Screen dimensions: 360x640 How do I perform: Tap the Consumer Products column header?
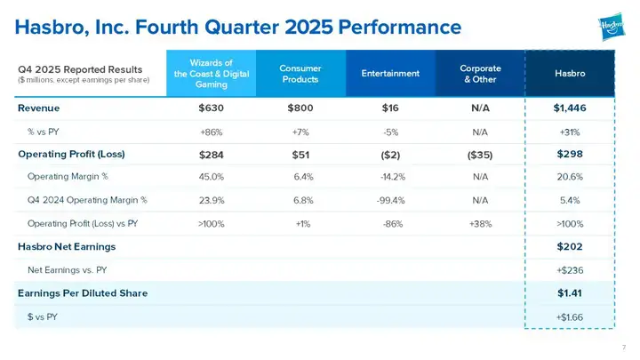pos(300,73)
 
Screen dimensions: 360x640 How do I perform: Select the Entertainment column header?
pos(390,73)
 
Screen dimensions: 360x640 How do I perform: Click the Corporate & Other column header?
pos(480,73)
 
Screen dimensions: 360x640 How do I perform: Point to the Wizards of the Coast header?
pos(211,73)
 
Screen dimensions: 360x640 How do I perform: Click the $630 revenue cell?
pos(212,108)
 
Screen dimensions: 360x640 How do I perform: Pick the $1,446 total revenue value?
pos(570,108)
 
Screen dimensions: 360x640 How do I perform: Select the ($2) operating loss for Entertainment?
pos(391,154)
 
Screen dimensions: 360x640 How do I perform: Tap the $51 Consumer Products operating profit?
pos(300,154)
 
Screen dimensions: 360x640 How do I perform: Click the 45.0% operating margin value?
pos(212,176)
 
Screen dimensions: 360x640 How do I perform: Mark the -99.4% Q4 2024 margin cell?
pos(391,200)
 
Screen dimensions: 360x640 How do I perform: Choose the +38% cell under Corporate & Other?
pos(481,223)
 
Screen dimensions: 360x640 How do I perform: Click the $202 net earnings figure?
pos(570,246)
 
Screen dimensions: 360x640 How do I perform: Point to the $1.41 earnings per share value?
pos(570,292)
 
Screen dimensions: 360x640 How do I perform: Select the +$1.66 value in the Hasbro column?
pos(570,316)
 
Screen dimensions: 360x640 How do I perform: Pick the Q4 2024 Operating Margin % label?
pos(87,200)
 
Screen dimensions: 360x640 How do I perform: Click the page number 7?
pos(625,347)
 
